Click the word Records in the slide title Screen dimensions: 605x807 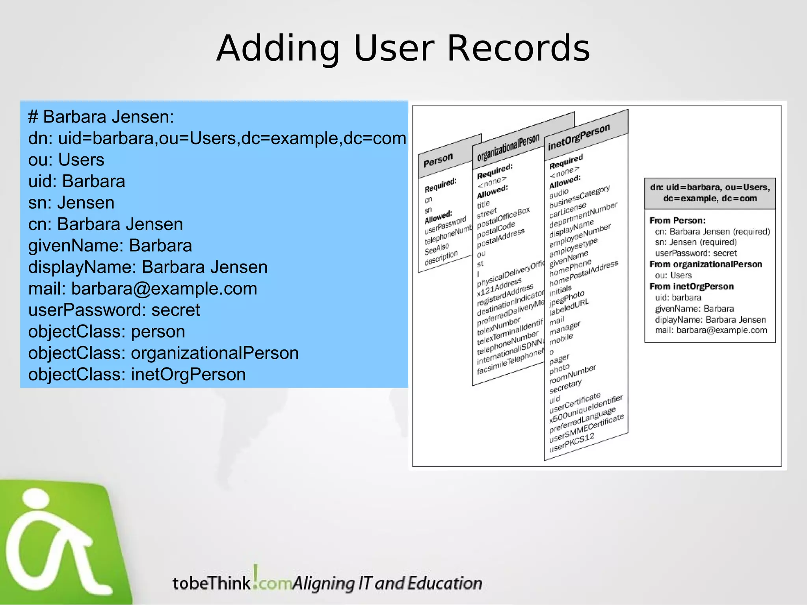(518, 48)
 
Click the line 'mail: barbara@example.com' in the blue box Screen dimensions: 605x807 (143, 289)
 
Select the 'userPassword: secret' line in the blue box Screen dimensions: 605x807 (114, 310)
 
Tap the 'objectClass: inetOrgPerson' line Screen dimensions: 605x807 (137, 374)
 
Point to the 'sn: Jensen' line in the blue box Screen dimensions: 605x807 (71, 203)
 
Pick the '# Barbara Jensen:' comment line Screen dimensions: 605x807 (101, 117)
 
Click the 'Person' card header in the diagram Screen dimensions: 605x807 (438, 160)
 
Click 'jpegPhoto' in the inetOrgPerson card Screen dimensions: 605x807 (567, 298)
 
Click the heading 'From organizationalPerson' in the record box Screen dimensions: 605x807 (706, 264)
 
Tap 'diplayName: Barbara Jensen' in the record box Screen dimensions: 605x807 (710, 319)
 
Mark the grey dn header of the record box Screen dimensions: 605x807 (710, 193)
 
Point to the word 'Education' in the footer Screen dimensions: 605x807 (444, 583)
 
